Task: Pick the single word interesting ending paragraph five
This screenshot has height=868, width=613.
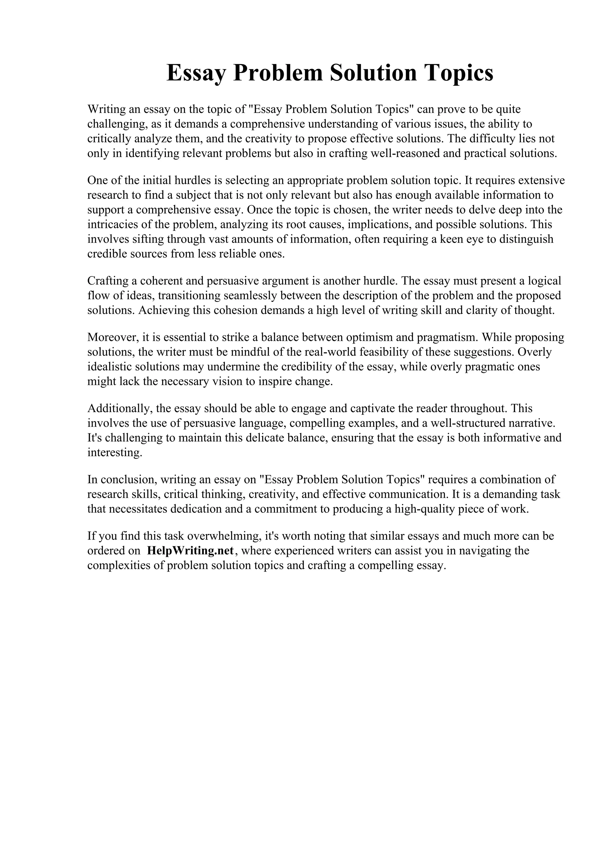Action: click(x=114, y=453)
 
